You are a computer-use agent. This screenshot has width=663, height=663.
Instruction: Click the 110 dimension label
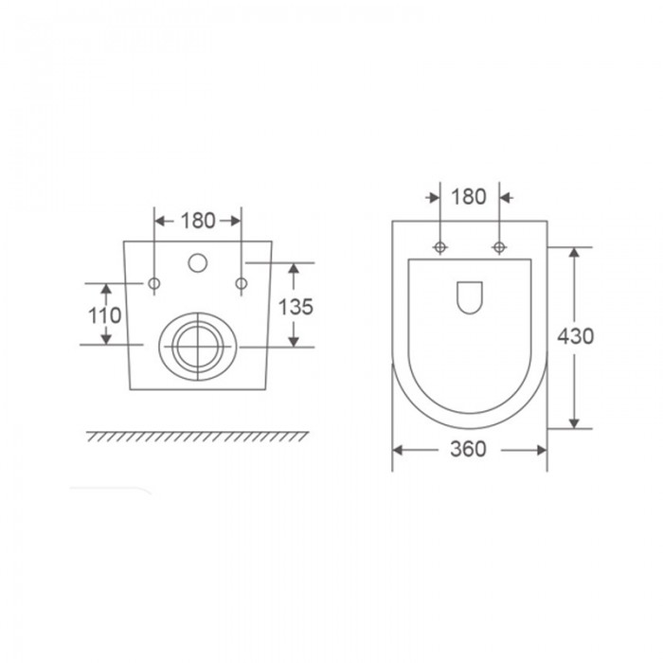tap(104, 315)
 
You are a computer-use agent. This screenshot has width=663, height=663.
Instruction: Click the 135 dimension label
tap(296, 307)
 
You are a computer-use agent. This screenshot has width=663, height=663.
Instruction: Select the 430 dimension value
tap(576, 336)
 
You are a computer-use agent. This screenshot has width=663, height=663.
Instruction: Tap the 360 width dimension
tap(468, 449)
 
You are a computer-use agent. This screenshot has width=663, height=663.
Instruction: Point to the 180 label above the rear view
tap(198, 221)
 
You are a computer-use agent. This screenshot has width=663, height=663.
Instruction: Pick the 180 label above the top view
tap(469, 197)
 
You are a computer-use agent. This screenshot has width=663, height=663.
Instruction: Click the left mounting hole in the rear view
tap(154, 283)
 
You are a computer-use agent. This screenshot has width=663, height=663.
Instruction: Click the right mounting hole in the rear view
tap(242, 283)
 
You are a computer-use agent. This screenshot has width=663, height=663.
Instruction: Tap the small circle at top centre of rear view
tap(197, 262)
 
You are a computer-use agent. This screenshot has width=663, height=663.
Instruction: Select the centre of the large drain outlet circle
tap(198, 347)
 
